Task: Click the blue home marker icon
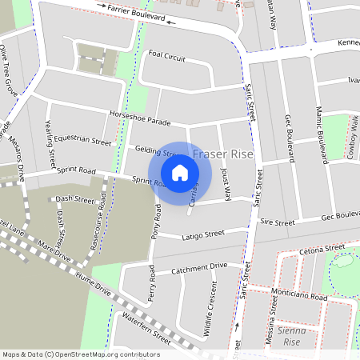[180, 172]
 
